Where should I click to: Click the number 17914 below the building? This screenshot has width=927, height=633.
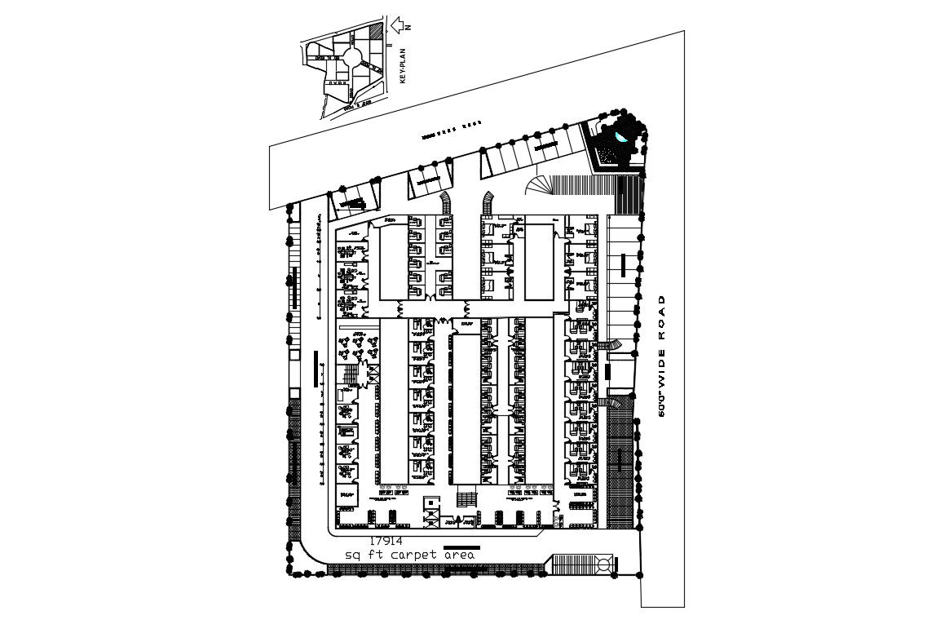[x=386, y=540]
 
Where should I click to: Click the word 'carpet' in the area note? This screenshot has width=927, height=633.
[x=415, y=555]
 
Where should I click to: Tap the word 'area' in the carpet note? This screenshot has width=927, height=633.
[x=459, y=555]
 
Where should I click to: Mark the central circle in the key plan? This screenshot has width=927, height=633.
[x=352, y=58]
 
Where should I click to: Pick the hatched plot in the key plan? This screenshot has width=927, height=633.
[x=374, y=32]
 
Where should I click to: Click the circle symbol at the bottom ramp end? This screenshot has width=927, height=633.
[x=603, y=564]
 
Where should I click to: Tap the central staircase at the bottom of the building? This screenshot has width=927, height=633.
[x=467, y=498]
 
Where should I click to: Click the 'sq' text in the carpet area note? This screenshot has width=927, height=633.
[x=352, y=556]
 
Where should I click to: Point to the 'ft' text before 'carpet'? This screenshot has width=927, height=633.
[x=376, y=555]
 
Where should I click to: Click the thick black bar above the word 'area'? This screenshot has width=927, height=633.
[x=461, y=547]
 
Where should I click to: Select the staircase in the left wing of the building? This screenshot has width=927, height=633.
[x=348, y=377]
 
